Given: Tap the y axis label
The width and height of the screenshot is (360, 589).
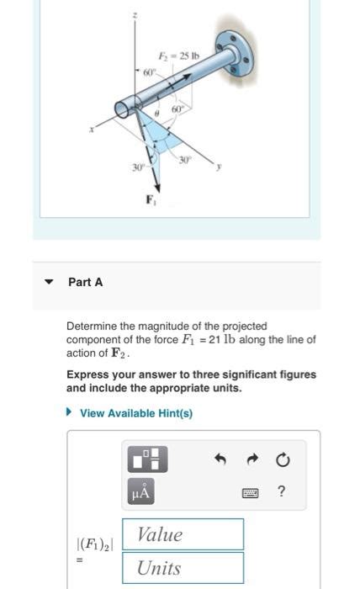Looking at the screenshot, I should (x=219, y=167).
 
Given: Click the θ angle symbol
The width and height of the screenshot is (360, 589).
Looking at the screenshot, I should (x=157, y=112).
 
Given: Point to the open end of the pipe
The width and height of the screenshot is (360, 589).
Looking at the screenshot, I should (x=125, y=108).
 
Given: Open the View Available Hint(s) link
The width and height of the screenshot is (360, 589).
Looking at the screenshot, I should (x=135, y=413).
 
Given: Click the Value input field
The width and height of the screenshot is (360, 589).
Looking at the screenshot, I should (x=183, y=534).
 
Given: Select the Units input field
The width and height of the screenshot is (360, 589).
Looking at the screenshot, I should (x=183, y=568).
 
